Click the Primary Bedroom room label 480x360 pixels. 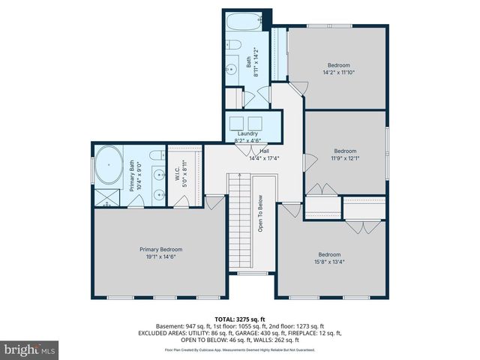160,249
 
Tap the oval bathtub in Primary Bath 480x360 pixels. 109,166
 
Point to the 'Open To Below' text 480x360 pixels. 260,214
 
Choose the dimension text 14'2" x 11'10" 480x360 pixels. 338,73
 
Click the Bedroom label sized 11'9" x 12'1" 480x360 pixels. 345,150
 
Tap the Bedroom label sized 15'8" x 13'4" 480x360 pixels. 329,254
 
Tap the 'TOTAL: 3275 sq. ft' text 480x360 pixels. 239,319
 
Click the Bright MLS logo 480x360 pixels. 30,349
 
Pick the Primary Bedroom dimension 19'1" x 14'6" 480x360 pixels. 160,256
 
